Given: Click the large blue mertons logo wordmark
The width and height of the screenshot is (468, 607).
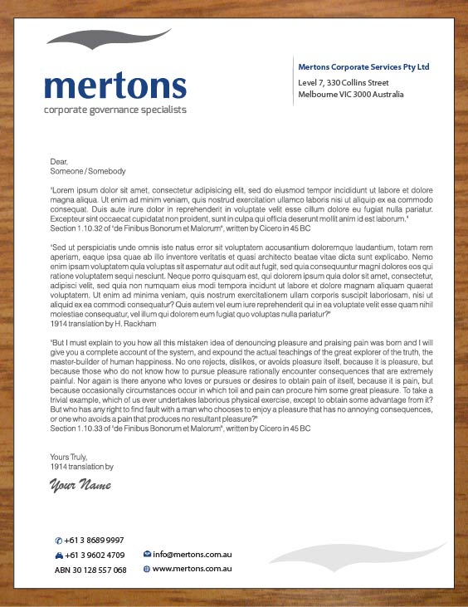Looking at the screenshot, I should [x=115, y=86].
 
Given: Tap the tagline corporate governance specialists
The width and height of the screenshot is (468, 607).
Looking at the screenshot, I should [x=115, y=110].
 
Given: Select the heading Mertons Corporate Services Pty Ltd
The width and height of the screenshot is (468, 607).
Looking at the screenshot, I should [x=363, y=66].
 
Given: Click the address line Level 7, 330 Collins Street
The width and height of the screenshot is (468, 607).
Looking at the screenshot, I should [x=344, y=83].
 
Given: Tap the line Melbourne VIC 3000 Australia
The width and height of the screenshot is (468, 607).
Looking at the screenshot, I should [x=351, y=95].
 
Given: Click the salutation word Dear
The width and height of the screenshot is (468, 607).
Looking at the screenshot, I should [x=58, y=162].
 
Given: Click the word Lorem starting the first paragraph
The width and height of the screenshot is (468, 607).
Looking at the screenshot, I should [x=64, y=190].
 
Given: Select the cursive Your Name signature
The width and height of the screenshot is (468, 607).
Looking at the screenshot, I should [x=80, y=485].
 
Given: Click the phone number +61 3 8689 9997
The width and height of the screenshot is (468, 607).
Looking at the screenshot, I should [x=94, y=540].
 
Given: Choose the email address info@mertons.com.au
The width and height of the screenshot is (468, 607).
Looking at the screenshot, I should [x=191, y=553].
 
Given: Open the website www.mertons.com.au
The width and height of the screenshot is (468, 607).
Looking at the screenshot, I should [x=191, y=569].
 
